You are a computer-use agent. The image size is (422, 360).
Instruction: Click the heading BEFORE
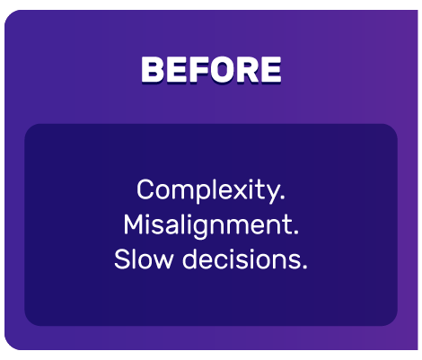point(211,69)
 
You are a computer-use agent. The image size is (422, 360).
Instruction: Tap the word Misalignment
point(209,225)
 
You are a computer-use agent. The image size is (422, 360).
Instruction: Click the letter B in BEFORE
point(153,69)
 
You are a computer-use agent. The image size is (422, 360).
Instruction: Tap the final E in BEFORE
point(269,69)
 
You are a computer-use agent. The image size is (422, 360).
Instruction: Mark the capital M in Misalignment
point(133,224)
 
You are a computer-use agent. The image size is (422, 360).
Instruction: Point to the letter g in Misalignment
point(208,228)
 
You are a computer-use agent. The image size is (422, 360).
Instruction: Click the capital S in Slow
point(122,260)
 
